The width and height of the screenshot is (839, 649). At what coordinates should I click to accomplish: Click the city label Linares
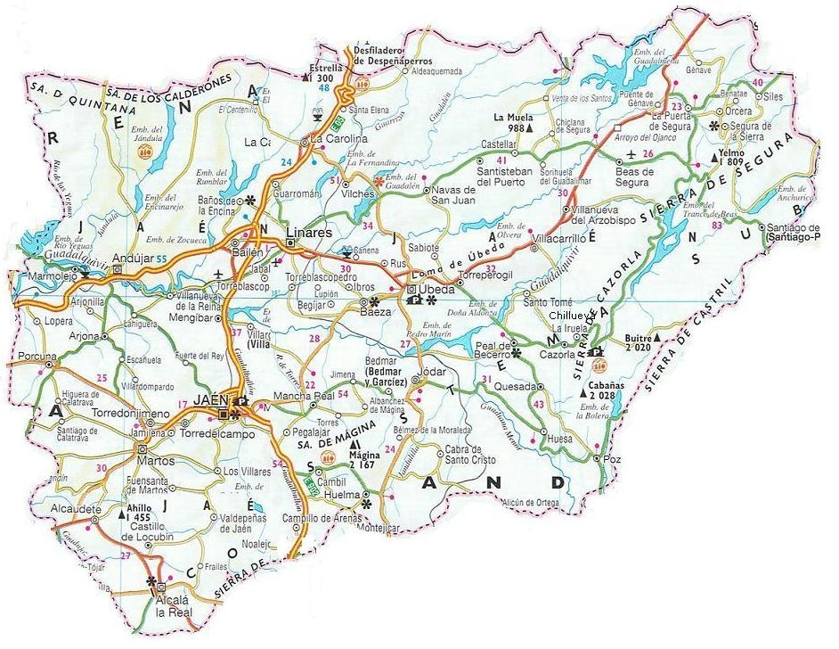coord(308,233)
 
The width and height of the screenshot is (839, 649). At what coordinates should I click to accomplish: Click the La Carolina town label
coord(338,139)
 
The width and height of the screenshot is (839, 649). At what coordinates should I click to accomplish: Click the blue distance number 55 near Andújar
coord(161,259)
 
